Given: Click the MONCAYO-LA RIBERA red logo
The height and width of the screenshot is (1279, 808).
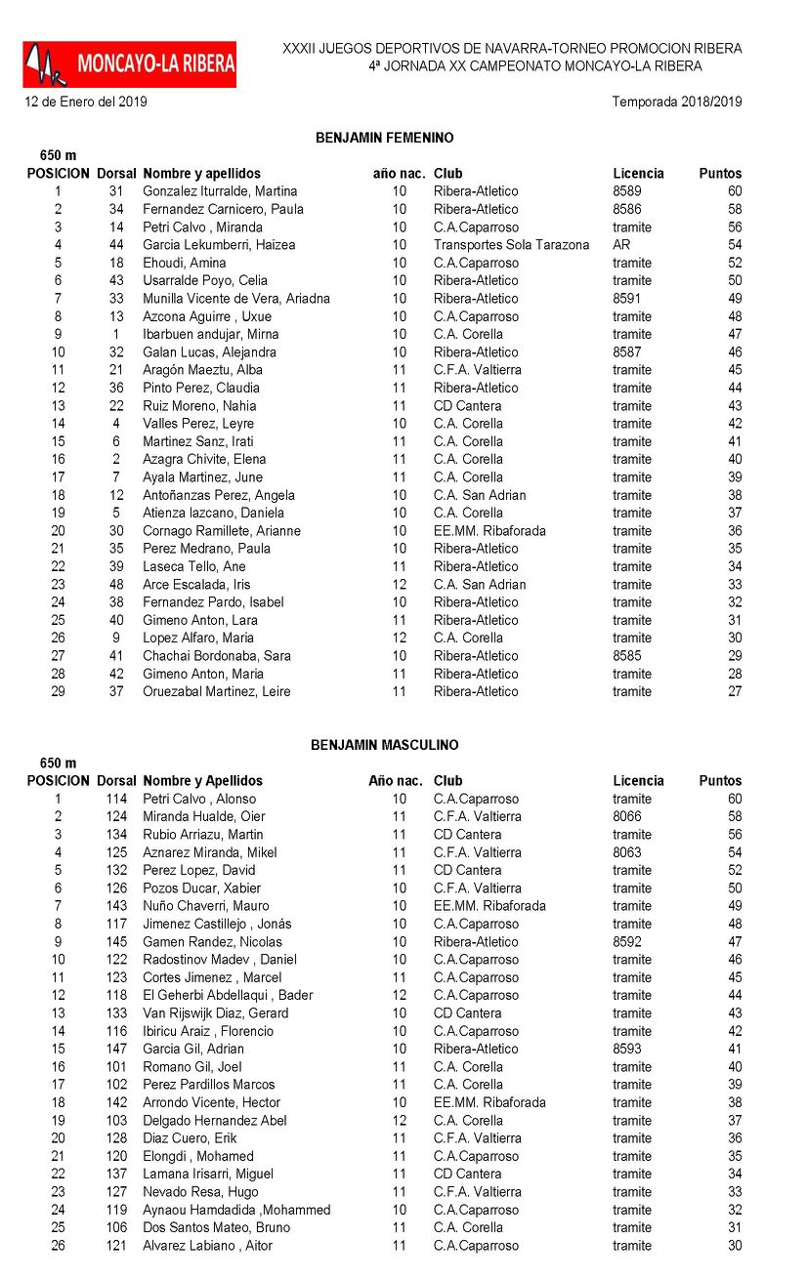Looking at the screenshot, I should click(130, 64).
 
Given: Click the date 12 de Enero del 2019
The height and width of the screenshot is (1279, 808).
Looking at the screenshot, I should click(86, 102).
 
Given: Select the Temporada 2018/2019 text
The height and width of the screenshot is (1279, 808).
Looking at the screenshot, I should click(676, 102).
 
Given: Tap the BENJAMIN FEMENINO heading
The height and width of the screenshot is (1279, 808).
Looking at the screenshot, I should click(384, 138).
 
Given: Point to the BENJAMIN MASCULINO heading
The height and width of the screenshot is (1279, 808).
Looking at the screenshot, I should click(384, 745).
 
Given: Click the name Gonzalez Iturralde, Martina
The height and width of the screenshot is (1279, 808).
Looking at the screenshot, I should click(220, 191).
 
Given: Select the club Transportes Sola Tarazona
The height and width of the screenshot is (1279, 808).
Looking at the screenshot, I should click(511, 245).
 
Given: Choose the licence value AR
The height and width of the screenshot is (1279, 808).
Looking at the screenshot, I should click(621, 245).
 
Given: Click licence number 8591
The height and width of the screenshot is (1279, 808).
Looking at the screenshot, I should click(626, 299).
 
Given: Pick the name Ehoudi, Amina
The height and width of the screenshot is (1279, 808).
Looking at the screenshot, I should click(184, 263).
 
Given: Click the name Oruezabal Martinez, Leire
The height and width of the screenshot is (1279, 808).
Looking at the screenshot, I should click(217, 691).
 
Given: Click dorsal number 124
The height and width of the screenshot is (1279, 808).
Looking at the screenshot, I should click(116, 816).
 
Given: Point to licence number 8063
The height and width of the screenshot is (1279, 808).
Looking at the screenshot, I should click(626, 852).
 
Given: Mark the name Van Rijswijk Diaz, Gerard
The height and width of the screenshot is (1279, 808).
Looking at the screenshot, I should click(216, 1013).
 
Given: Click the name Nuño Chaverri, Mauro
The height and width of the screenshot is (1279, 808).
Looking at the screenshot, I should click(205, 906).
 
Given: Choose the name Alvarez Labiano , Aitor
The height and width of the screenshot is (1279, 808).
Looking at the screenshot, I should click(207, 1246).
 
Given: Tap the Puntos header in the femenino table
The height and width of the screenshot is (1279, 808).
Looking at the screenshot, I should click(720, 174).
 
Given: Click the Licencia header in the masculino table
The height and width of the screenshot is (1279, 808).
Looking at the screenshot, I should click(638, 781).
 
